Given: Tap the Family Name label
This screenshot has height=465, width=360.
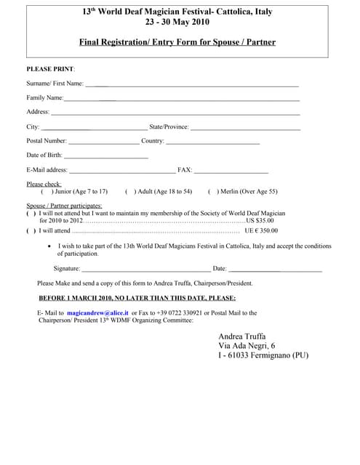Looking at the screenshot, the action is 44,98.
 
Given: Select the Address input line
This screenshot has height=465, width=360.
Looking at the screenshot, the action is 175,114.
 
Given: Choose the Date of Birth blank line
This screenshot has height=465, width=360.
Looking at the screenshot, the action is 106,157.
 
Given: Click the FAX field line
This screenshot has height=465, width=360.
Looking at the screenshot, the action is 231,171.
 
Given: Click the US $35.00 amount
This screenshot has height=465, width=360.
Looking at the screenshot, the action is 260,220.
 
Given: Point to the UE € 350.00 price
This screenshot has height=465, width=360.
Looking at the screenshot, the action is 261,230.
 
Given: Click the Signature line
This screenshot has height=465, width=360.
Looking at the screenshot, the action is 146,270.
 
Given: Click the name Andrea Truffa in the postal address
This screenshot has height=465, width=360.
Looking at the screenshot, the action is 242,336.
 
